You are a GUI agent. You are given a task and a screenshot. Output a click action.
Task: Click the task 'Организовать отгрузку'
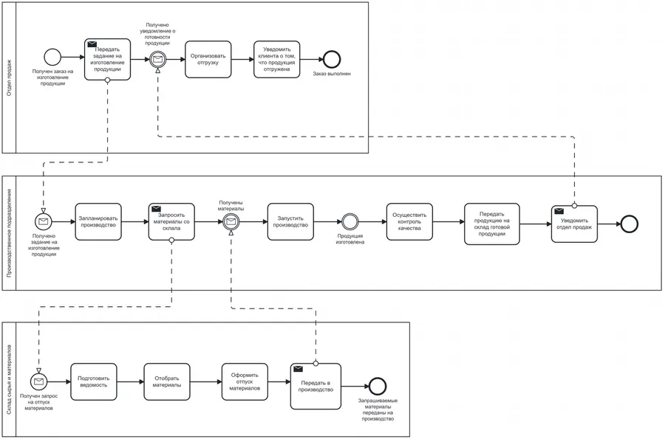click(x=208, y=59)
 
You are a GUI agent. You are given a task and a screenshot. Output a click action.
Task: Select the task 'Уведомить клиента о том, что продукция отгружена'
click(x=276, y=59)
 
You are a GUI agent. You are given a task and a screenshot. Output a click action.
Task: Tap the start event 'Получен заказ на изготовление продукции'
click(x=52, y=57)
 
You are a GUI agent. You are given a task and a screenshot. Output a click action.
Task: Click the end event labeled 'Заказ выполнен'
click(x=332, y=59)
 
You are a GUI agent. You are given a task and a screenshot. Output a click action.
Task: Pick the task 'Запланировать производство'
click(x=98, y=222)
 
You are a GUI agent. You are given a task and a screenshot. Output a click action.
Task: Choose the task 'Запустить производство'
click(x=290, y=222)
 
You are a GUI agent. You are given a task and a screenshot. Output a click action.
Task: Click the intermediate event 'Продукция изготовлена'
click(x=350, y=222)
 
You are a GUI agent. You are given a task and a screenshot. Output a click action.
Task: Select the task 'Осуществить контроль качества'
click(x=409, y=222)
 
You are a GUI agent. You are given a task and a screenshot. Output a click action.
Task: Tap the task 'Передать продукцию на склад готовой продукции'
click(x=492, y=224)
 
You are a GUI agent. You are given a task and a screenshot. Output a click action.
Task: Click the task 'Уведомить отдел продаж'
click(x=574, y=224)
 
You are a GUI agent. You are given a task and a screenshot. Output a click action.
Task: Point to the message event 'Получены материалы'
click(x=231, y=222)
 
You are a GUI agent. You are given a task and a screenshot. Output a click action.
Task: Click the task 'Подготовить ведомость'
click(x=93, y=382)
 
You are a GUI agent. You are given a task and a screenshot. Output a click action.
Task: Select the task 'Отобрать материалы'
click(x=167, y=382)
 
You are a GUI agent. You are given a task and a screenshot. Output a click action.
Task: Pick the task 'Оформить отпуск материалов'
click(x=245, y=382)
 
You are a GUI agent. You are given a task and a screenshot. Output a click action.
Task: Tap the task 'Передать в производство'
click(x=316, y=386)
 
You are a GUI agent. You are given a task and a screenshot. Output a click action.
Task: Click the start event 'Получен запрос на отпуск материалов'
click(x=39, y=382)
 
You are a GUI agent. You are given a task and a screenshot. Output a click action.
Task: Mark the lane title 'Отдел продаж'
click(x=10, y=77)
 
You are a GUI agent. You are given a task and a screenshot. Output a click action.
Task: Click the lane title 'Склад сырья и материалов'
click(x=10, y=379)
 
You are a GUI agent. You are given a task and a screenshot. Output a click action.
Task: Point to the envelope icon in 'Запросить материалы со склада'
click(x=156, y=209)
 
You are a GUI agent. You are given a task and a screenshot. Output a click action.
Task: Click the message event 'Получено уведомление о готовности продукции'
click(x=158, y=59)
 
